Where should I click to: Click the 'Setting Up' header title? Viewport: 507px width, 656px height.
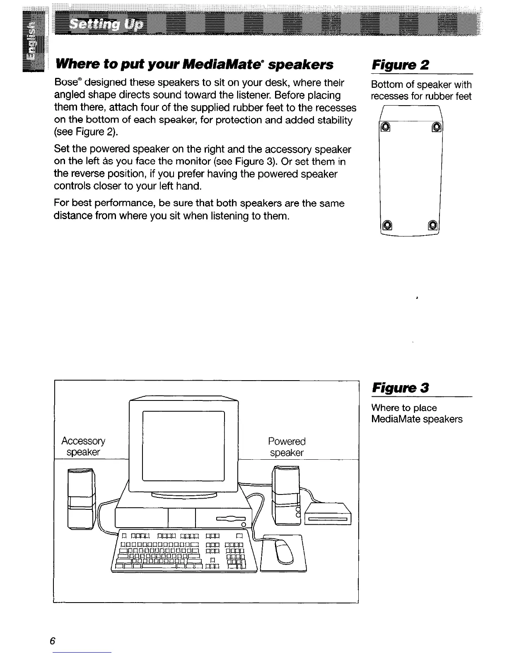tap(106, 24)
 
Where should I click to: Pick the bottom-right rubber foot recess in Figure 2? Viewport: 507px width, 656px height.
tap(432, 226)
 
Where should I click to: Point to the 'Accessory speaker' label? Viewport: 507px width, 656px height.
tap(83, 446)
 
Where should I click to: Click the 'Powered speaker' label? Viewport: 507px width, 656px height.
tap(287, 446)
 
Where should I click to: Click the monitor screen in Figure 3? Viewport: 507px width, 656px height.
tap(183, 445)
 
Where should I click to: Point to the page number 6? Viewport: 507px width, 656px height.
tap(52, 640)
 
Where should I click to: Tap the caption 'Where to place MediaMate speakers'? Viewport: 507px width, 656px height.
tap(417, 413)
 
